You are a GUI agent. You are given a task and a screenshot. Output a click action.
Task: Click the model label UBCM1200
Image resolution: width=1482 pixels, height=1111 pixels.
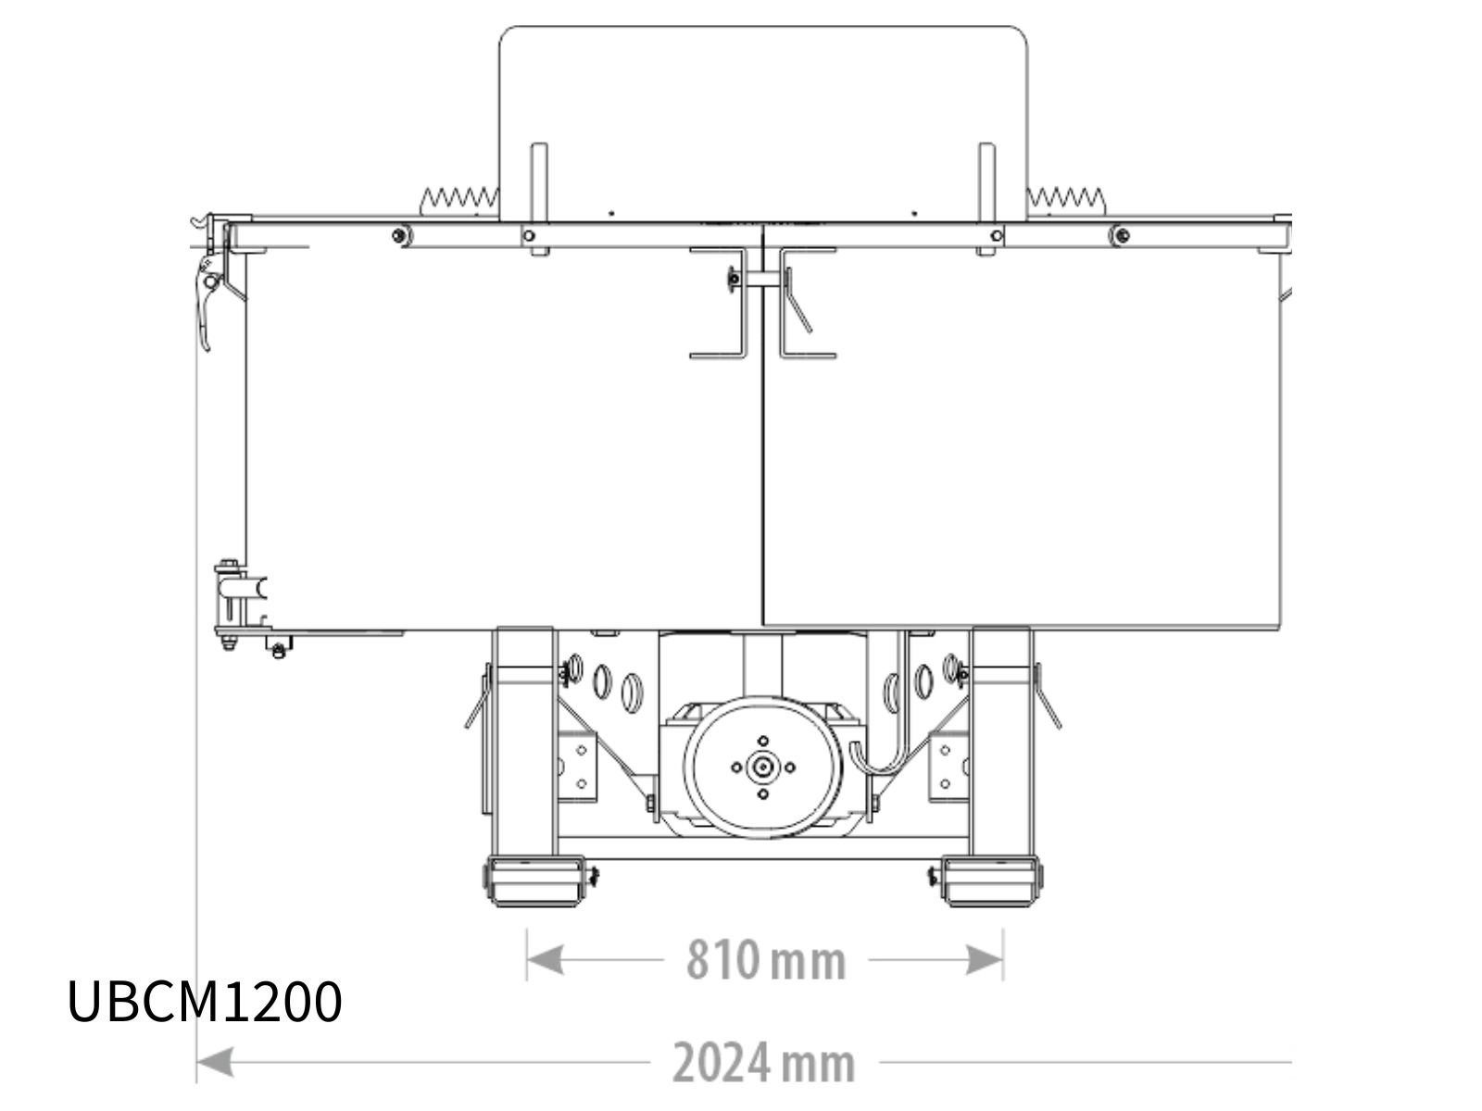click(x=205, y=1002)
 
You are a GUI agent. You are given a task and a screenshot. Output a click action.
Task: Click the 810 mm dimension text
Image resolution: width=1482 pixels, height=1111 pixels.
click(x=766, y=960)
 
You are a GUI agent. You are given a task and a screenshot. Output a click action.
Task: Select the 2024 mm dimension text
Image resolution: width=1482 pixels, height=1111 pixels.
click(x=763, y=1063)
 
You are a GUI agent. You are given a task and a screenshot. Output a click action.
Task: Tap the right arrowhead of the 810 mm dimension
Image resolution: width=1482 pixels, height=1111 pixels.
click(x=985, y=959)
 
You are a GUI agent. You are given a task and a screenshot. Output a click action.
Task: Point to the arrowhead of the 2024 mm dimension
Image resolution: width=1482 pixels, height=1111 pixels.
click(x=216, y=1062)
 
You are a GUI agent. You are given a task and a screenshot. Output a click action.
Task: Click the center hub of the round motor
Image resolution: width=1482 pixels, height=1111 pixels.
click(x=763, y=767)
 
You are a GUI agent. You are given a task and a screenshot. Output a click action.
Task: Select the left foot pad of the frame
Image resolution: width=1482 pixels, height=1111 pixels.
click(x=536, y=881)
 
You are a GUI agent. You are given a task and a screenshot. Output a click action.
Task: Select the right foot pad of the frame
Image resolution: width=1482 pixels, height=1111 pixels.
click(x=990, y=881)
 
